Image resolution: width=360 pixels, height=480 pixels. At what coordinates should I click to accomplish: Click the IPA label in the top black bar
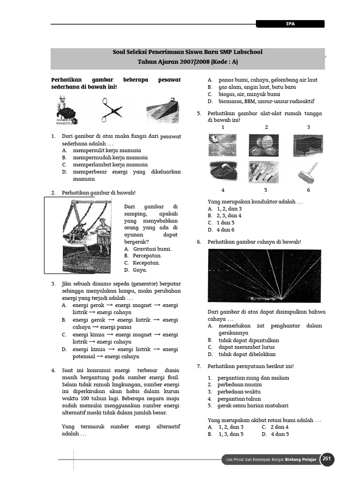[290, 23]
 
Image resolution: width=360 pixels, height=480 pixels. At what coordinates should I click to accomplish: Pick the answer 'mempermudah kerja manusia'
[110, 157]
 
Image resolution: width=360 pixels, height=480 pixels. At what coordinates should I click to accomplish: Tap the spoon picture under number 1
[223, 145]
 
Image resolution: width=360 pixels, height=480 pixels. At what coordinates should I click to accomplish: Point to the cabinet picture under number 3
[308, 145]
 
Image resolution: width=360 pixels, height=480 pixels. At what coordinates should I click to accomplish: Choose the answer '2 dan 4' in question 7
[279, 427]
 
